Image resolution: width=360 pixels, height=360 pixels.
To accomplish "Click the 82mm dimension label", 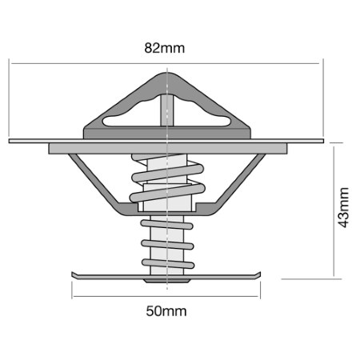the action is click(x=165, y=48).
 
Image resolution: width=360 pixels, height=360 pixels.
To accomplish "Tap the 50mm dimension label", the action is click(x=166, y=311).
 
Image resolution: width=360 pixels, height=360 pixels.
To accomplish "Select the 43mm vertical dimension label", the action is click(x=343, y=207).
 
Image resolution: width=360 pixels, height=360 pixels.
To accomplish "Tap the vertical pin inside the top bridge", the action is click(x=167, y=110).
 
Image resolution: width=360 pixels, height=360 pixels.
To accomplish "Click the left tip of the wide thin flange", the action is click(x=10, y=141).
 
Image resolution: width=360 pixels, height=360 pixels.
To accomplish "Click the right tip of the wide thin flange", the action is click(x=323, y=141).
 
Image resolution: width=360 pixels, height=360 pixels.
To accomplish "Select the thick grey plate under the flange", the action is click(x=168, y=148).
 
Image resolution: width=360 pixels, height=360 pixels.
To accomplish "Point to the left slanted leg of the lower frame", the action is click(x=94, y=178).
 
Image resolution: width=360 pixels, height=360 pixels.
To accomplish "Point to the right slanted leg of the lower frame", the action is click(x=241, y=178).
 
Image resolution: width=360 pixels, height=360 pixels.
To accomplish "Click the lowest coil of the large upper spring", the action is click(x=167, y=193).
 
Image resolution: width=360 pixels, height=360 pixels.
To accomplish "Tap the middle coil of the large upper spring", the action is click(x=168, y=173).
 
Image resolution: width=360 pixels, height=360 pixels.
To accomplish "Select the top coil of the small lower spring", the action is click(x=166, y=225).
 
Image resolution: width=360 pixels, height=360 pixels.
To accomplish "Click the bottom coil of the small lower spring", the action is click(x=168, y=263).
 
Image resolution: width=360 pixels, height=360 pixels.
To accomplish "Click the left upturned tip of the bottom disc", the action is click(x=73, y=274).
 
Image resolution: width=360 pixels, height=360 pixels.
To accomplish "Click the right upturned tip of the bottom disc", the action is click(x=259, y=274).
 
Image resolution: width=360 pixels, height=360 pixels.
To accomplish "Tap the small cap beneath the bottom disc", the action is click(x=167, y=281).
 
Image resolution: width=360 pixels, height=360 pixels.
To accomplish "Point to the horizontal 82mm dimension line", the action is click(x=165, y=63).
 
